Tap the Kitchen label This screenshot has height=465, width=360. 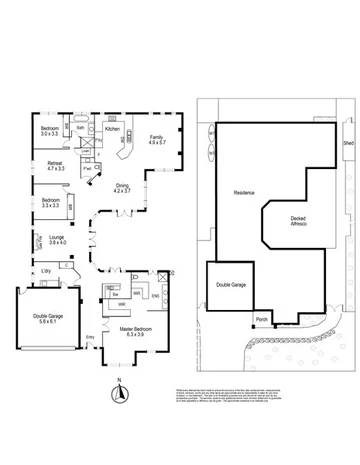tap(112, 129)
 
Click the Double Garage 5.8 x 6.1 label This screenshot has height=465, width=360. tap(42, 319)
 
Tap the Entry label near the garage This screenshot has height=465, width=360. tap(90, 336)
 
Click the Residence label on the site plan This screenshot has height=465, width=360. tap(244, 193)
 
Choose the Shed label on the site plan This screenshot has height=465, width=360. tap(348, 144)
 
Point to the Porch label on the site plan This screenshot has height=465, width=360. tap(262, 321)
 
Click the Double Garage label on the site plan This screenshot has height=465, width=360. tap(231, 285)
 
